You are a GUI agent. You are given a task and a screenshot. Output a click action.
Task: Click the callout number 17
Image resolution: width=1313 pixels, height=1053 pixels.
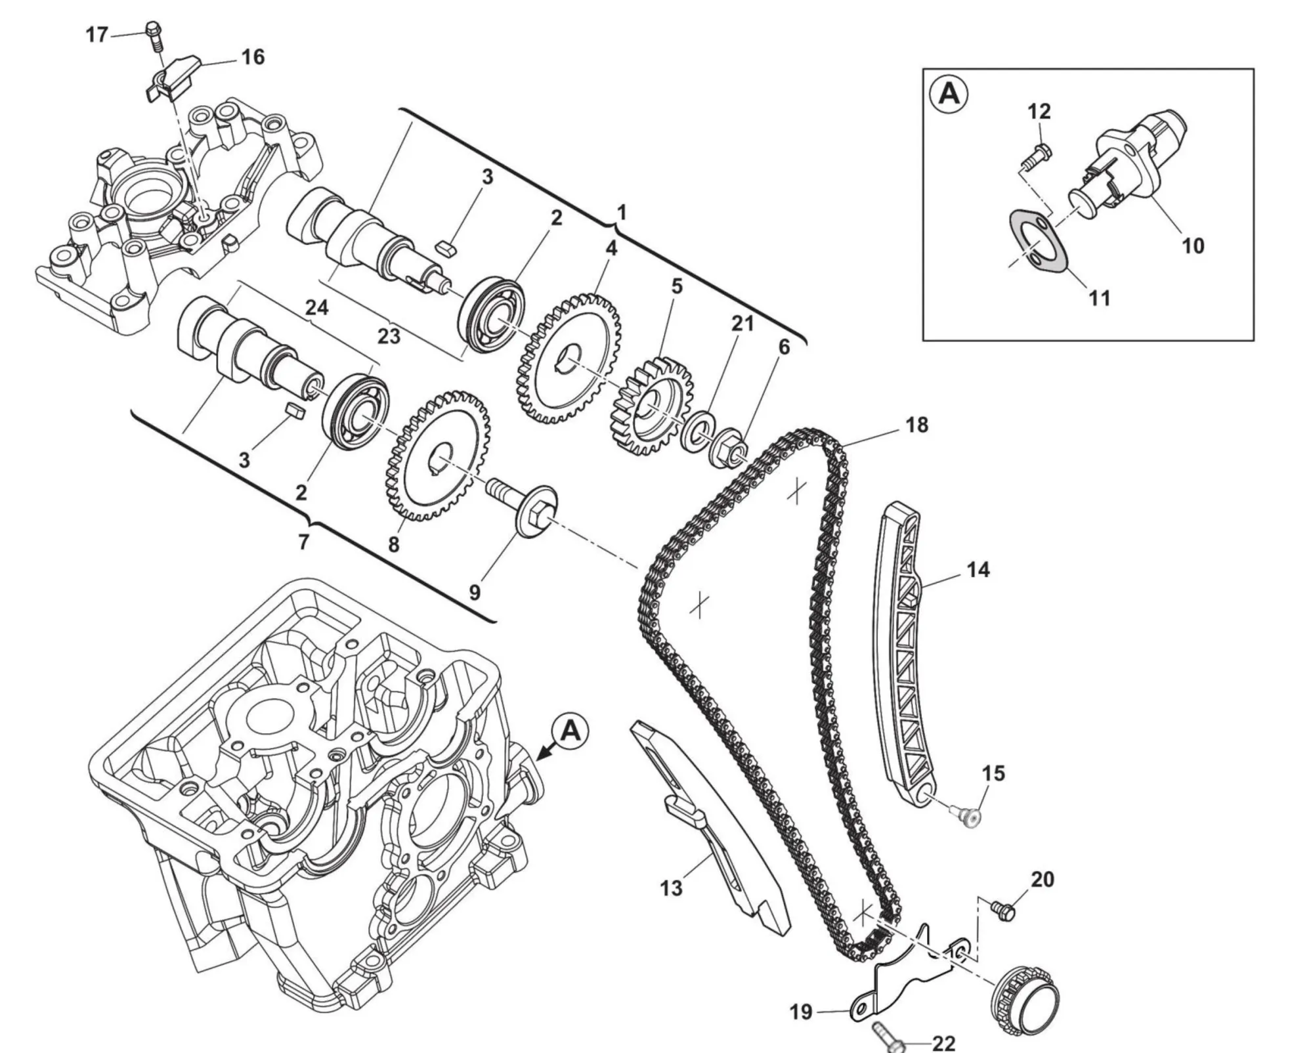click(97, 34)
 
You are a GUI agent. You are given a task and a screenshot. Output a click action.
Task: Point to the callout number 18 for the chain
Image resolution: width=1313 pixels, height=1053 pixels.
click(917, 425)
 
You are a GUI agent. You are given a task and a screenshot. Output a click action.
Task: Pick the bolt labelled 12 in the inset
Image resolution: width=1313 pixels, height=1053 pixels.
click(1037, 155)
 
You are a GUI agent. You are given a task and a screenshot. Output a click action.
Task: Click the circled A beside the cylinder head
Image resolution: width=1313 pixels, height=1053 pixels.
click(570, 731)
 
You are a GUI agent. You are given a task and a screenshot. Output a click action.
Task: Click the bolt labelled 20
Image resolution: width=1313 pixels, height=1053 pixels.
click(1003, 911)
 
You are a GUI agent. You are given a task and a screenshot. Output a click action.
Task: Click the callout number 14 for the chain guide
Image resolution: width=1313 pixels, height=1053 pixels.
click(978, 569)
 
